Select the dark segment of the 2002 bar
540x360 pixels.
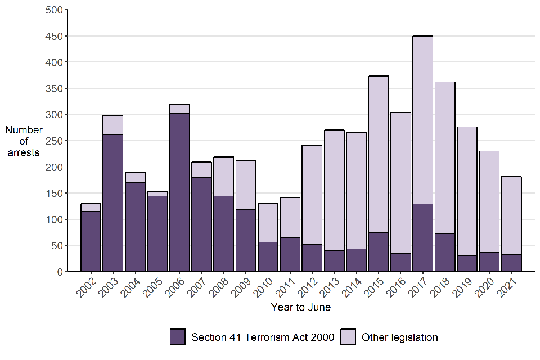(91, 241)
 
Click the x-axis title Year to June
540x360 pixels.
(300, 307)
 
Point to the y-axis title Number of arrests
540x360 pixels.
(24, 141)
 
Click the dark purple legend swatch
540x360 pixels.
(178, 337)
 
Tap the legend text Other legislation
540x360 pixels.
(399, 337)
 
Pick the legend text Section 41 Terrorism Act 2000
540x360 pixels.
(263, 337)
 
